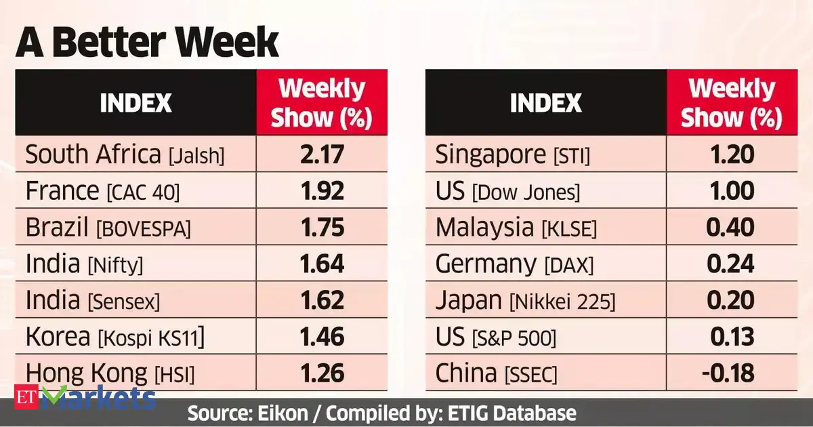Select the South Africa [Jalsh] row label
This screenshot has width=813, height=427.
125,155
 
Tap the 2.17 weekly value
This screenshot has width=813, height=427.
322,155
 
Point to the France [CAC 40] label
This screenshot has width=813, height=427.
102,192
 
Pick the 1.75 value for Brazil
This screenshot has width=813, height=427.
322,228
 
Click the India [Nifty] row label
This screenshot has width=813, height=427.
84,264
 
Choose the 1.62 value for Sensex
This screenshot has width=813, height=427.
322,300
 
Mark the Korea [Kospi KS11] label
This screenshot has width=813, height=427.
114,337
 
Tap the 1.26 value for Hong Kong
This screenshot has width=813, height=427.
322,373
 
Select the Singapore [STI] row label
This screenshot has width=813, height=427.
513,155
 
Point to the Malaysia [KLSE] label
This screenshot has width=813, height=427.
516,228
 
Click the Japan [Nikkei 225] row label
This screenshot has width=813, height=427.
525,300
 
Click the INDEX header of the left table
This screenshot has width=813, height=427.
135,103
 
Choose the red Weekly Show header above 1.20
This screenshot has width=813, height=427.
731,103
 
